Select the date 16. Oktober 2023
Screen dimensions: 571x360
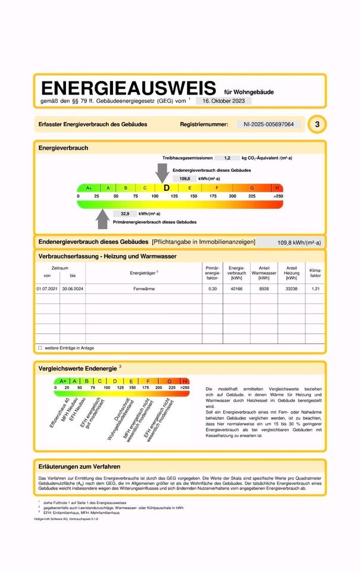click(x=223, y=101)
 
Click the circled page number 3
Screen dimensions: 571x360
click(x=318, y=124)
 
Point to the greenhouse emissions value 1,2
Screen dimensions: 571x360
click(x=227, y=158)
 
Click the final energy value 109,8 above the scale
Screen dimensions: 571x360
click(x=184, y=178)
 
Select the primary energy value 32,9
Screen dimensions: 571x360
click(x=125, y=214)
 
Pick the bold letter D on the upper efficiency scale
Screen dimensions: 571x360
click(x=167, y=188)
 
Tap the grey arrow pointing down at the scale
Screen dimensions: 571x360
click(x=162, y=172)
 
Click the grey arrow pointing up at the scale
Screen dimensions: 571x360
click(x=103, y=219)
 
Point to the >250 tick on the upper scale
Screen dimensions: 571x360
click(x=278, y=196)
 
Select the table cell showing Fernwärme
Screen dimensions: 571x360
click(x=145, y=288)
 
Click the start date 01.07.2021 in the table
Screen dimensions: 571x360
click(x=48, y=288)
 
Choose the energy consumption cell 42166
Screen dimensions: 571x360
click(x=236, y=288)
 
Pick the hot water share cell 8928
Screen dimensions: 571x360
click(x=264, y=288)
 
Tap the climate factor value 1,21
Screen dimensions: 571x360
click(x=315, y=288)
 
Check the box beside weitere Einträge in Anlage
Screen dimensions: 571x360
click(x=40, y=348)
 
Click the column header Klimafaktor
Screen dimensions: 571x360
click(x=315, y=273)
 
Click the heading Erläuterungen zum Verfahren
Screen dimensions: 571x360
click(x=79, y=467)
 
